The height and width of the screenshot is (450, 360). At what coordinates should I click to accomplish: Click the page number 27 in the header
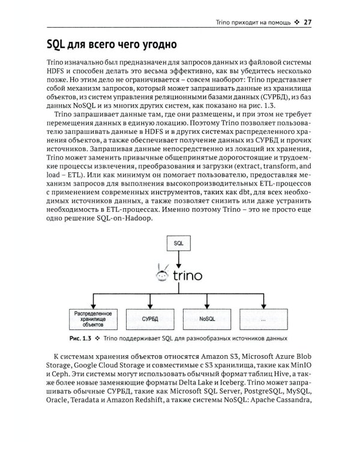point(309,23)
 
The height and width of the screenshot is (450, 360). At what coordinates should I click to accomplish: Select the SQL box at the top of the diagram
point(178,244)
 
